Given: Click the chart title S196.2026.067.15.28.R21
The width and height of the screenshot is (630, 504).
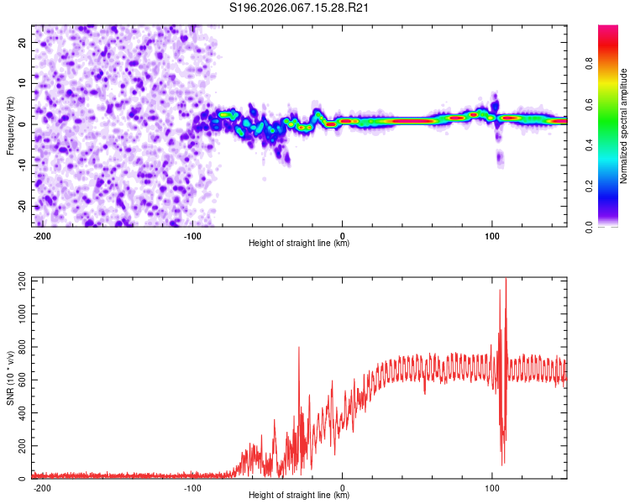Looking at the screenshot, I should click(300, 8).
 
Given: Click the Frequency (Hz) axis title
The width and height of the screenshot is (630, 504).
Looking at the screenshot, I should click(11, 124).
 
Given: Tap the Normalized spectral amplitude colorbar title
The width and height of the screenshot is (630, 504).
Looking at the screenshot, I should click(624, 126).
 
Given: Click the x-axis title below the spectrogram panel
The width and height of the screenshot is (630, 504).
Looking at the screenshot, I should click(299, 244).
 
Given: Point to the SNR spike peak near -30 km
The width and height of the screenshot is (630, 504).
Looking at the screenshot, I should click(299, 348).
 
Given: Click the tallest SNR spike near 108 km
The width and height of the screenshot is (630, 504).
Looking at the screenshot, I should click(505, 281).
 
